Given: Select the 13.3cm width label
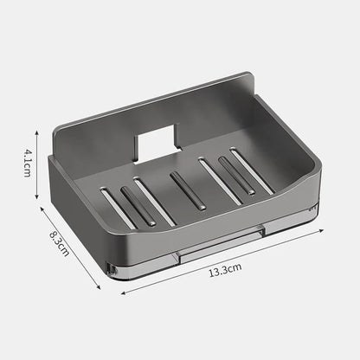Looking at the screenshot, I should point(224,269).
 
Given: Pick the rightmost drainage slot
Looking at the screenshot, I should point(253,170).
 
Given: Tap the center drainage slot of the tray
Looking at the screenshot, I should point(188,190).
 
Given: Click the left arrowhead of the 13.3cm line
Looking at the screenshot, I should point(122,292).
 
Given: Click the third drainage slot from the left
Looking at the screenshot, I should point(156,202).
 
